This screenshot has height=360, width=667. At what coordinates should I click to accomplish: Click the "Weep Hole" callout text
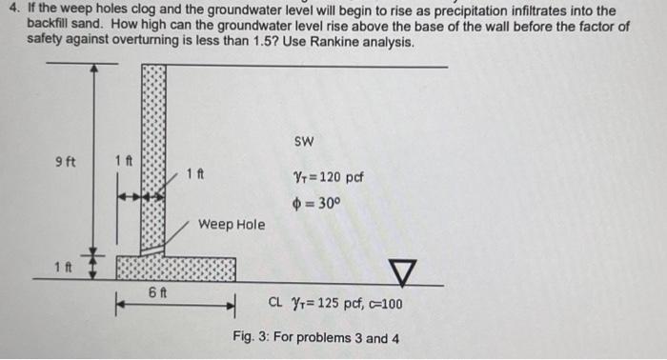pos(232,225)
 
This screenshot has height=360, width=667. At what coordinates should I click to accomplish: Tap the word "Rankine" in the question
pos(325,43)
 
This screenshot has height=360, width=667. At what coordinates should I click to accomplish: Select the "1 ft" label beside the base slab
pos(64,265)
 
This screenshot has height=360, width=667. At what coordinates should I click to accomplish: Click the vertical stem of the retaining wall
pos(153,157)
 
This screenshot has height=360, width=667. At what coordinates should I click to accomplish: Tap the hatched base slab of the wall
pos(176,270)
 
